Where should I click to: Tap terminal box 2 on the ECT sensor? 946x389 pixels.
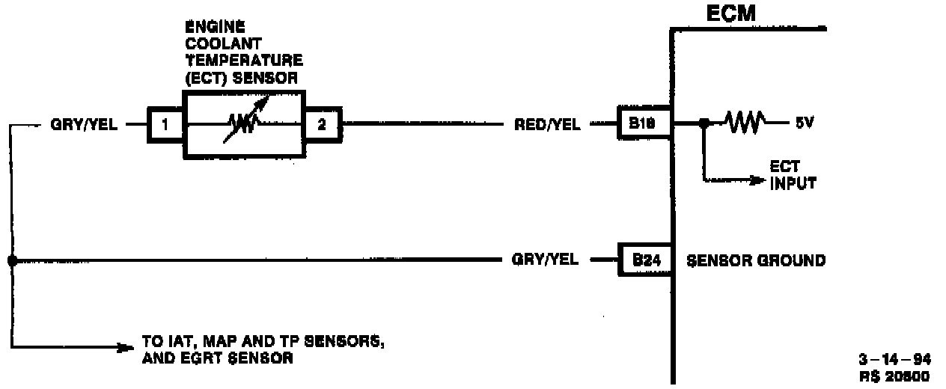[322, 124]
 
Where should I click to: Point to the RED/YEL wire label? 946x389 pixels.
[547, 125]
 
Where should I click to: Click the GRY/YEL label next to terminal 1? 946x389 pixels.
[83, 125]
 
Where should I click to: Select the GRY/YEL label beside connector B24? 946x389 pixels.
[545, 260]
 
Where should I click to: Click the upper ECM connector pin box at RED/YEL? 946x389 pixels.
[643, 125]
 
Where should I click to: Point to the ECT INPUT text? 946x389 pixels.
[793, 176]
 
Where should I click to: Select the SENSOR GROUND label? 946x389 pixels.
[756, 260]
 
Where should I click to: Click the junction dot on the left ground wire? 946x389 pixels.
[12, 260]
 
